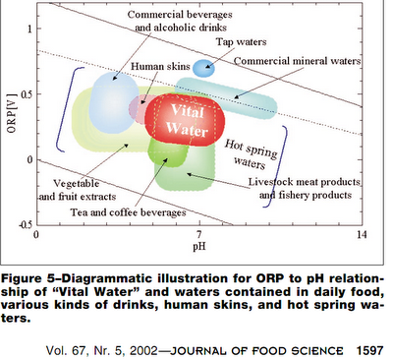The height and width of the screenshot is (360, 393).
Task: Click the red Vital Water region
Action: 185,120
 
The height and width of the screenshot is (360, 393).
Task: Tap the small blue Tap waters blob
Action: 203,68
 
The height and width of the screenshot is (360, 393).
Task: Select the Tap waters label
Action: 241,42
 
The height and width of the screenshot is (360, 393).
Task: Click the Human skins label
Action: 160,66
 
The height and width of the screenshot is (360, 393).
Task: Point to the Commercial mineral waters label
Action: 298,61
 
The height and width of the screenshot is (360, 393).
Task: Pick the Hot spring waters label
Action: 251,154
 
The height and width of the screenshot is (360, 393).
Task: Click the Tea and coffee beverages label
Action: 129,212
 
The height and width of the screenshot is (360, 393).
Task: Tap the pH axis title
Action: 199,246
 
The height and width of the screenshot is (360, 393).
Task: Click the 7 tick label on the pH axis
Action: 198,234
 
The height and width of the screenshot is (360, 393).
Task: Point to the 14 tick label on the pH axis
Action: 362,234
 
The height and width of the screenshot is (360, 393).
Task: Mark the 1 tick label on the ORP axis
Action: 29,29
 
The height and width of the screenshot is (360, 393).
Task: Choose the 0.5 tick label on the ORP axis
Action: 27,94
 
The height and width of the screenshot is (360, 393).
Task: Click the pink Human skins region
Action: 139,108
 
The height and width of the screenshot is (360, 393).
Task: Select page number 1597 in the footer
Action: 369,351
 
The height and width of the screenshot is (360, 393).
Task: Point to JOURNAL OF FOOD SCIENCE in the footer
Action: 256,351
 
